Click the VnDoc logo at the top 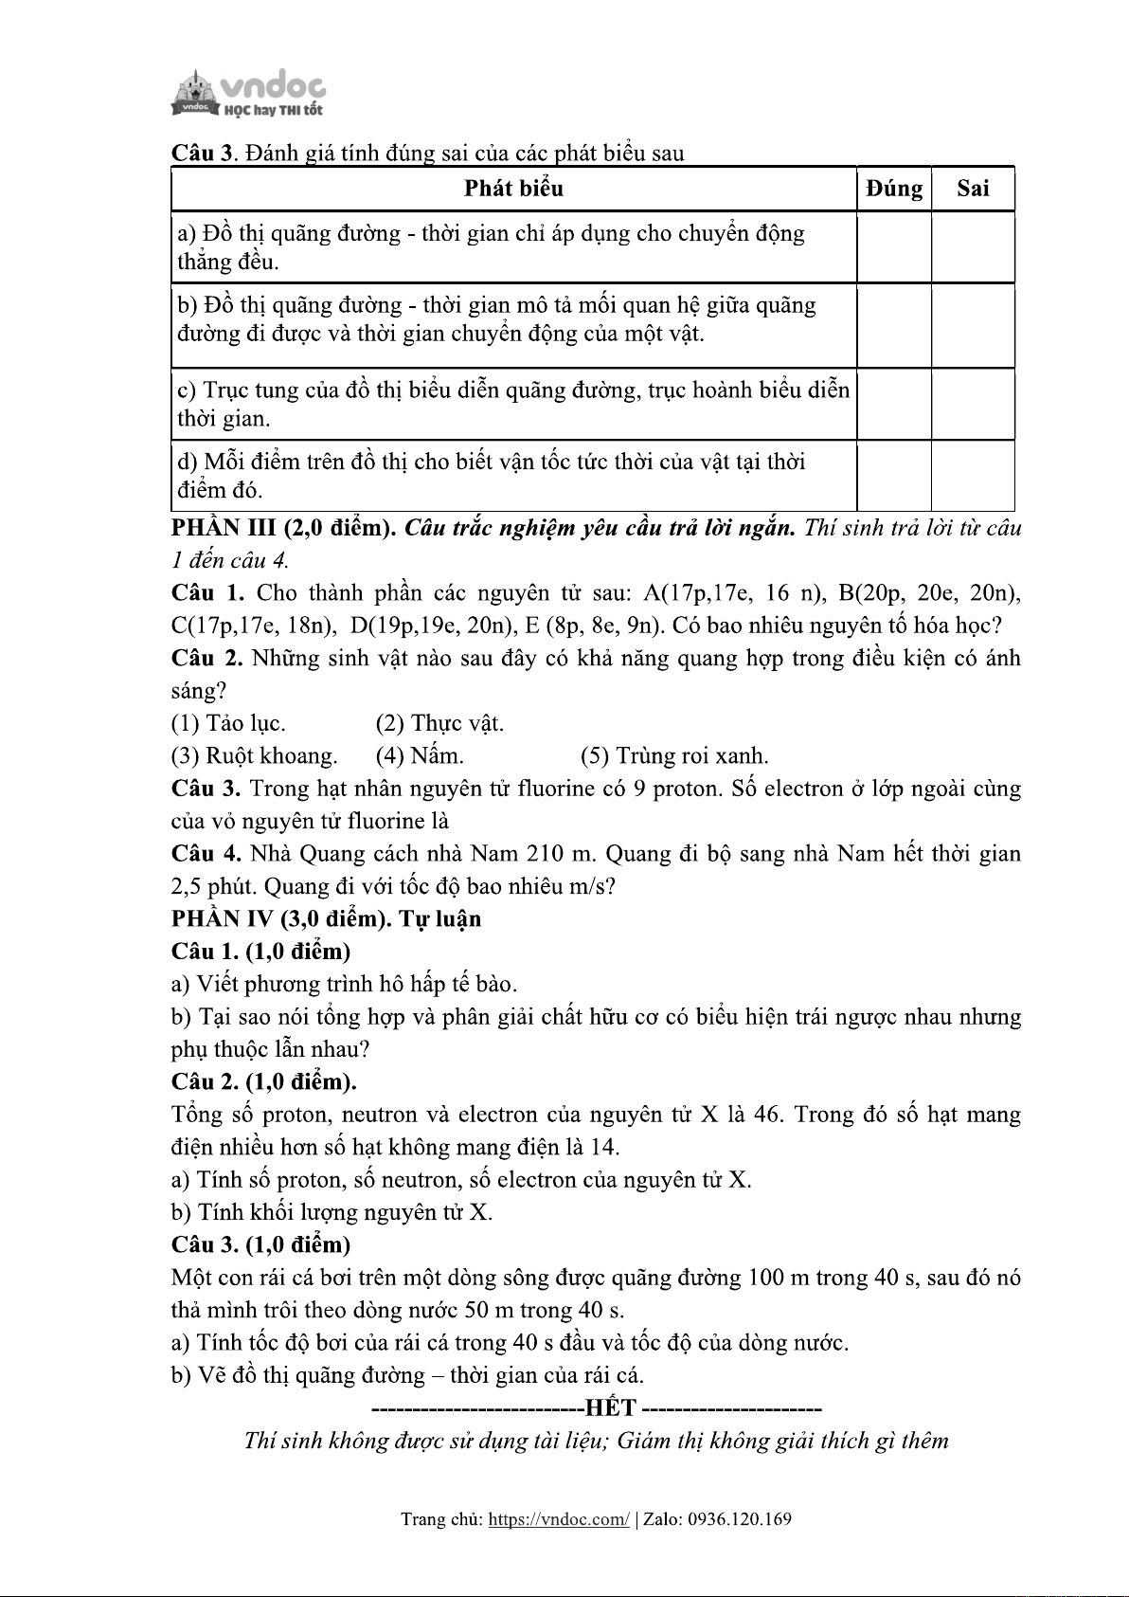248,94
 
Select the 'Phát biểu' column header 513,189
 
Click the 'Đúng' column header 894,189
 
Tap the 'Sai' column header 973,189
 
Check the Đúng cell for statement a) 894,247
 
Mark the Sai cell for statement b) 973,326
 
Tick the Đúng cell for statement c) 894,405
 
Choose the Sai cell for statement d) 973,476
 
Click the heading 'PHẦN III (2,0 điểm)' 283,528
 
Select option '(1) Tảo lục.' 228,724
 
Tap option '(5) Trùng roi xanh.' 674,756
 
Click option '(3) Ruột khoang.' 254,756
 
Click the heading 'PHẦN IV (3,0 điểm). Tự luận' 326,919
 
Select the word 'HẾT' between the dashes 611,1408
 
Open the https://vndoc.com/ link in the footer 558,1519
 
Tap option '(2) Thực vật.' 439,724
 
